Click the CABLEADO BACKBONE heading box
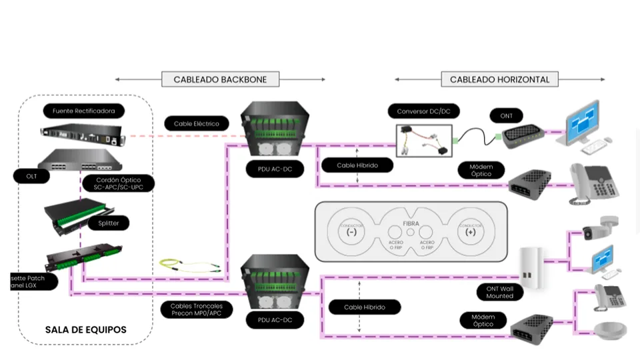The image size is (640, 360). (x=220, y=79)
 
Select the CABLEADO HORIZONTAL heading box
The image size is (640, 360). (x=499, y=79)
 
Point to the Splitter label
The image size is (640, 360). (x=108, y=223)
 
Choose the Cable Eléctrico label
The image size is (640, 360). (x=197, y=123)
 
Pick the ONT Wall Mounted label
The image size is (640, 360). (x=499, y=292)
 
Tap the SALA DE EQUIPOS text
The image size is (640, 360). (x=85, y=330)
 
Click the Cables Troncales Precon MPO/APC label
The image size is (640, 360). (x=197, y=310)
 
